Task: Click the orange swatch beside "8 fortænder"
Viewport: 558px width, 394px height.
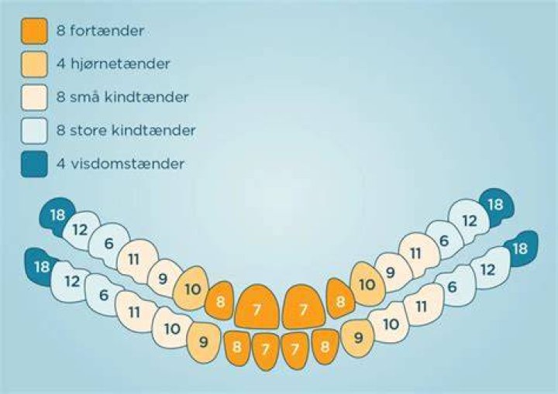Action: point(34,31)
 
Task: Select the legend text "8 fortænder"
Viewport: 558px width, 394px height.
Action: point(100,31)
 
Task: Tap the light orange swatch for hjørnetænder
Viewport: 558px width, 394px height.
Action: point(34,64)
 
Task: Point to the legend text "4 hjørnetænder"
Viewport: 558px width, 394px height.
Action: point(113,64)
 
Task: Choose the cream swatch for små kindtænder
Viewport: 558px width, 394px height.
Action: point(34,98)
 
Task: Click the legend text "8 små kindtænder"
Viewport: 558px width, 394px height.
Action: point(122,97)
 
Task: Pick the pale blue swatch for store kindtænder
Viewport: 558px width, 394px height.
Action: point(34,131)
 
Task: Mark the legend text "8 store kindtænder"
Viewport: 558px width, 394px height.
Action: point(126,130)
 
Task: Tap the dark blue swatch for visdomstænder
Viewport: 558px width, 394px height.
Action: point(34,164)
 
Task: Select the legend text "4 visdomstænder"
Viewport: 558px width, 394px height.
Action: point(120,163)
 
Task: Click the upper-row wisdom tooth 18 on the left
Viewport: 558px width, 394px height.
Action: point(57,215)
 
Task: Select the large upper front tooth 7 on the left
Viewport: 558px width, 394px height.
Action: point(257,307)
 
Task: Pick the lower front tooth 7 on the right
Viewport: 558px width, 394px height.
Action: point(294,350)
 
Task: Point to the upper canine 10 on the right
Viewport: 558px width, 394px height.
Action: point(367,284)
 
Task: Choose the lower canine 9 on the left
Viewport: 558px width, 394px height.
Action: point(204,342)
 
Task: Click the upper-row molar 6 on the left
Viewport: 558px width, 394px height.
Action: point(109,244)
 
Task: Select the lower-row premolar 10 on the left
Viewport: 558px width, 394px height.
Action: point(171,328)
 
